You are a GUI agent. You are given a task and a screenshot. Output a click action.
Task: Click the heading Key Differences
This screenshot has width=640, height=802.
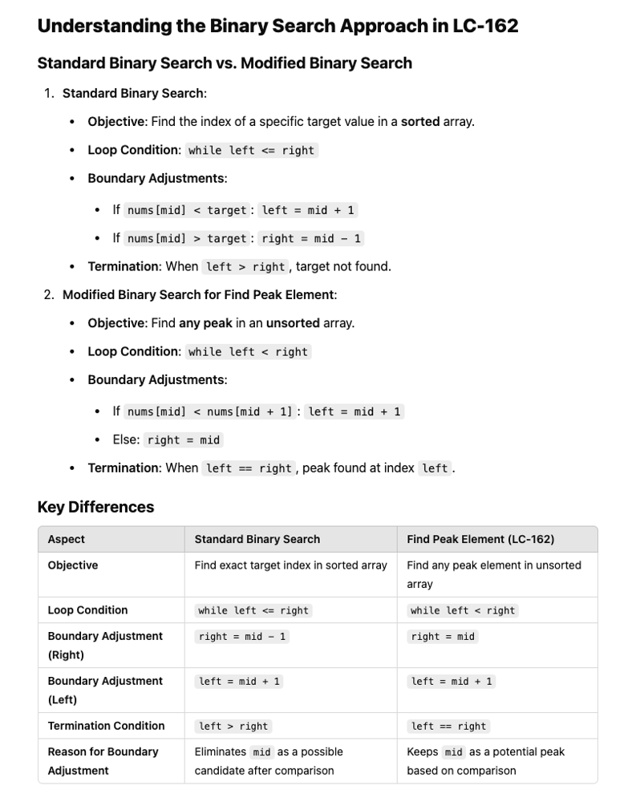(95, 507)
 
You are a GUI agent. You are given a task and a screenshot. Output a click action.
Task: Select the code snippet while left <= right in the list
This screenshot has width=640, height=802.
(252, 150)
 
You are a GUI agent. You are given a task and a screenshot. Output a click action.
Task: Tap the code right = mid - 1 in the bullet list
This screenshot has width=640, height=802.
(311, 238)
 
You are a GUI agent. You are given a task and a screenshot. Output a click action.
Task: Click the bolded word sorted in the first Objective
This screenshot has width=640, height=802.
(420, 121)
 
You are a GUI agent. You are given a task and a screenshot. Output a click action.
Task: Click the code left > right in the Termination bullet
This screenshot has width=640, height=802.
(245, 266)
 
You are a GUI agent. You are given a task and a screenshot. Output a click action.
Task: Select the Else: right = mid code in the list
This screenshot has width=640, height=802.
(183, 439)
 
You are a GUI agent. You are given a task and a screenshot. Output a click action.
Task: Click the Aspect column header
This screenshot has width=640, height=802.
(67, 539)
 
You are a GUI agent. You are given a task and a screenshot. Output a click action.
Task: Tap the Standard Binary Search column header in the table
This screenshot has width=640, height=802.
(257, 539)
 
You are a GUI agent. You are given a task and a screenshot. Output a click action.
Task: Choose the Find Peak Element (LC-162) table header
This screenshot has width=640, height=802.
(480, 539)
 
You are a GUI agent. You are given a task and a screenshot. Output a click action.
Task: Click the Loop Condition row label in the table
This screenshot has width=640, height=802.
(87, 610)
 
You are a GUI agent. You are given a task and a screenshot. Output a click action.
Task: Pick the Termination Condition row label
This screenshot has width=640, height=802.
(106, 726)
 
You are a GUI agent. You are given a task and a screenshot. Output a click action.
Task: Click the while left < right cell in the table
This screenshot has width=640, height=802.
(463, 610)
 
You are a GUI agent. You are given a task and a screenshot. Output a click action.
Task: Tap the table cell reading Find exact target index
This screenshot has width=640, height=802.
(290, 565)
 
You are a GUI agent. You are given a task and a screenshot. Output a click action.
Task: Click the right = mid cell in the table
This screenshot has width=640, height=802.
(443, 636)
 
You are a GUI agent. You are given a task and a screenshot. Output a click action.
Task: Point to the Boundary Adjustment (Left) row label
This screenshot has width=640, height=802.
(104, 690)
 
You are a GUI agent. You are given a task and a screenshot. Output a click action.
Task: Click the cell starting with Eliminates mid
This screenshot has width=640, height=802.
(269, 761)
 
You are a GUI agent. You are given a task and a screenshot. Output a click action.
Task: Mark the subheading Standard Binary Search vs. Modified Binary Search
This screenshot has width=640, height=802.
(225, 63)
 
